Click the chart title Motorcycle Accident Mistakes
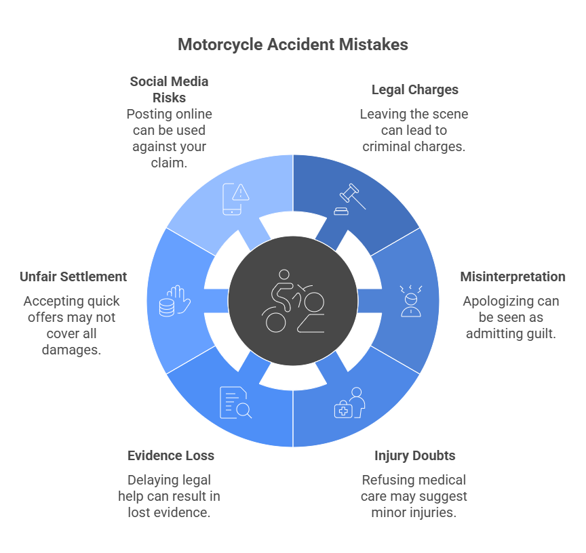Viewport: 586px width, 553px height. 292,45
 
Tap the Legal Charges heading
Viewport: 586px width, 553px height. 414,90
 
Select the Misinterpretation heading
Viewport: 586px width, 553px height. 512,276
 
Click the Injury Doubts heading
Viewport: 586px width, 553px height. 414,455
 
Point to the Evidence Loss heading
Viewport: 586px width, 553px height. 171,455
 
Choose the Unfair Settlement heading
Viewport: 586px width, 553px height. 73,276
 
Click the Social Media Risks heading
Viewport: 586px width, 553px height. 169,89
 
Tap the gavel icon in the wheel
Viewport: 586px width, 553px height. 349,199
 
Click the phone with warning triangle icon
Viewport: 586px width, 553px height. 235,199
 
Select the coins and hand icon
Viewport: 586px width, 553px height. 174,301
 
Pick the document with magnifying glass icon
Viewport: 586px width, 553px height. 236,403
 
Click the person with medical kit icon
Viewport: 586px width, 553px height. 349,403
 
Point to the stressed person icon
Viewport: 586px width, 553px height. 411,301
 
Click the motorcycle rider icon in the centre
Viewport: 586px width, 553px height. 292,301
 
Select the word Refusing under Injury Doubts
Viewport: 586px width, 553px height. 383,480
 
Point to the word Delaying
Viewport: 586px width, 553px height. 147,480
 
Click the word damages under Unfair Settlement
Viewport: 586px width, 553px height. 71,350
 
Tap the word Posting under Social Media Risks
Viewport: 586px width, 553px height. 147,115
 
